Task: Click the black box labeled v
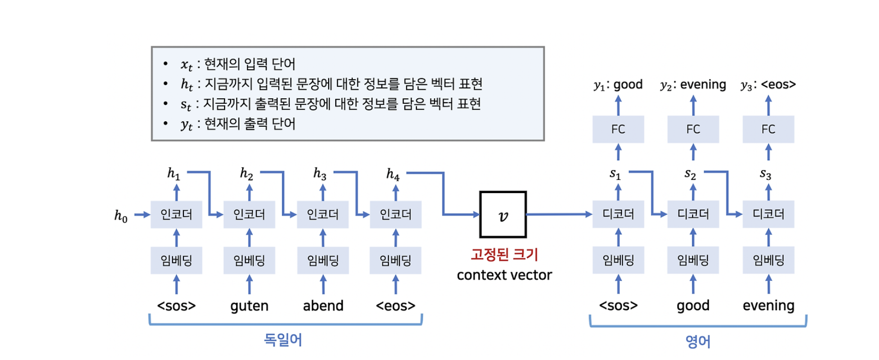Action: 503,215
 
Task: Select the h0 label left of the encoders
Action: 121,216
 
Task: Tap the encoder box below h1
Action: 176,215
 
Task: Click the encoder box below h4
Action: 395,215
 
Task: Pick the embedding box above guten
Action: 249,260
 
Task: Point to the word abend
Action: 323,305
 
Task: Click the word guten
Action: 249,305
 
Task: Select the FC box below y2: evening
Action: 693,129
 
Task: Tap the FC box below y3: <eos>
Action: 768,129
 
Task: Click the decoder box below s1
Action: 618,215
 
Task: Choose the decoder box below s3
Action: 768,215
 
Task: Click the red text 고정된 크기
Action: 504,254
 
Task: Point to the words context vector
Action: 504,275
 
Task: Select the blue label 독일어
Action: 283,340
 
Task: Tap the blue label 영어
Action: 698,341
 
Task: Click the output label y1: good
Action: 618,84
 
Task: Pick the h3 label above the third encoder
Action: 320,173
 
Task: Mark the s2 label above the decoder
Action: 690,174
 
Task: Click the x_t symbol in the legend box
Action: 186,64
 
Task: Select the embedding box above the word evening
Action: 768,260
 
